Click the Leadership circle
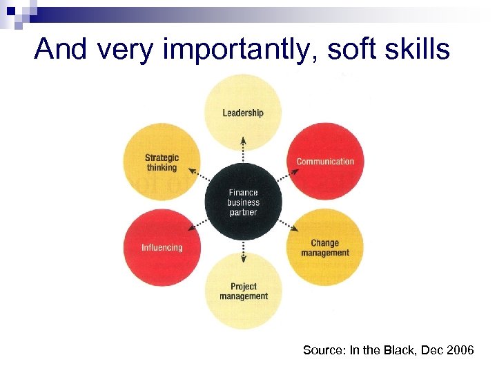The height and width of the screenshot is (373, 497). [243, 113]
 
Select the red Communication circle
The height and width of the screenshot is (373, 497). [325, 162]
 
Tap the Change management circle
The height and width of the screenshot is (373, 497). [325, 247]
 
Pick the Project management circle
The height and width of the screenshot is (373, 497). [243, 291]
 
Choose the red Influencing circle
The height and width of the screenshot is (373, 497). [162, 247]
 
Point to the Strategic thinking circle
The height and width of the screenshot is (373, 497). [162, 162]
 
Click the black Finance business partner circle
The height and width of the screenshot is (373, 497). [243, 202]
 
